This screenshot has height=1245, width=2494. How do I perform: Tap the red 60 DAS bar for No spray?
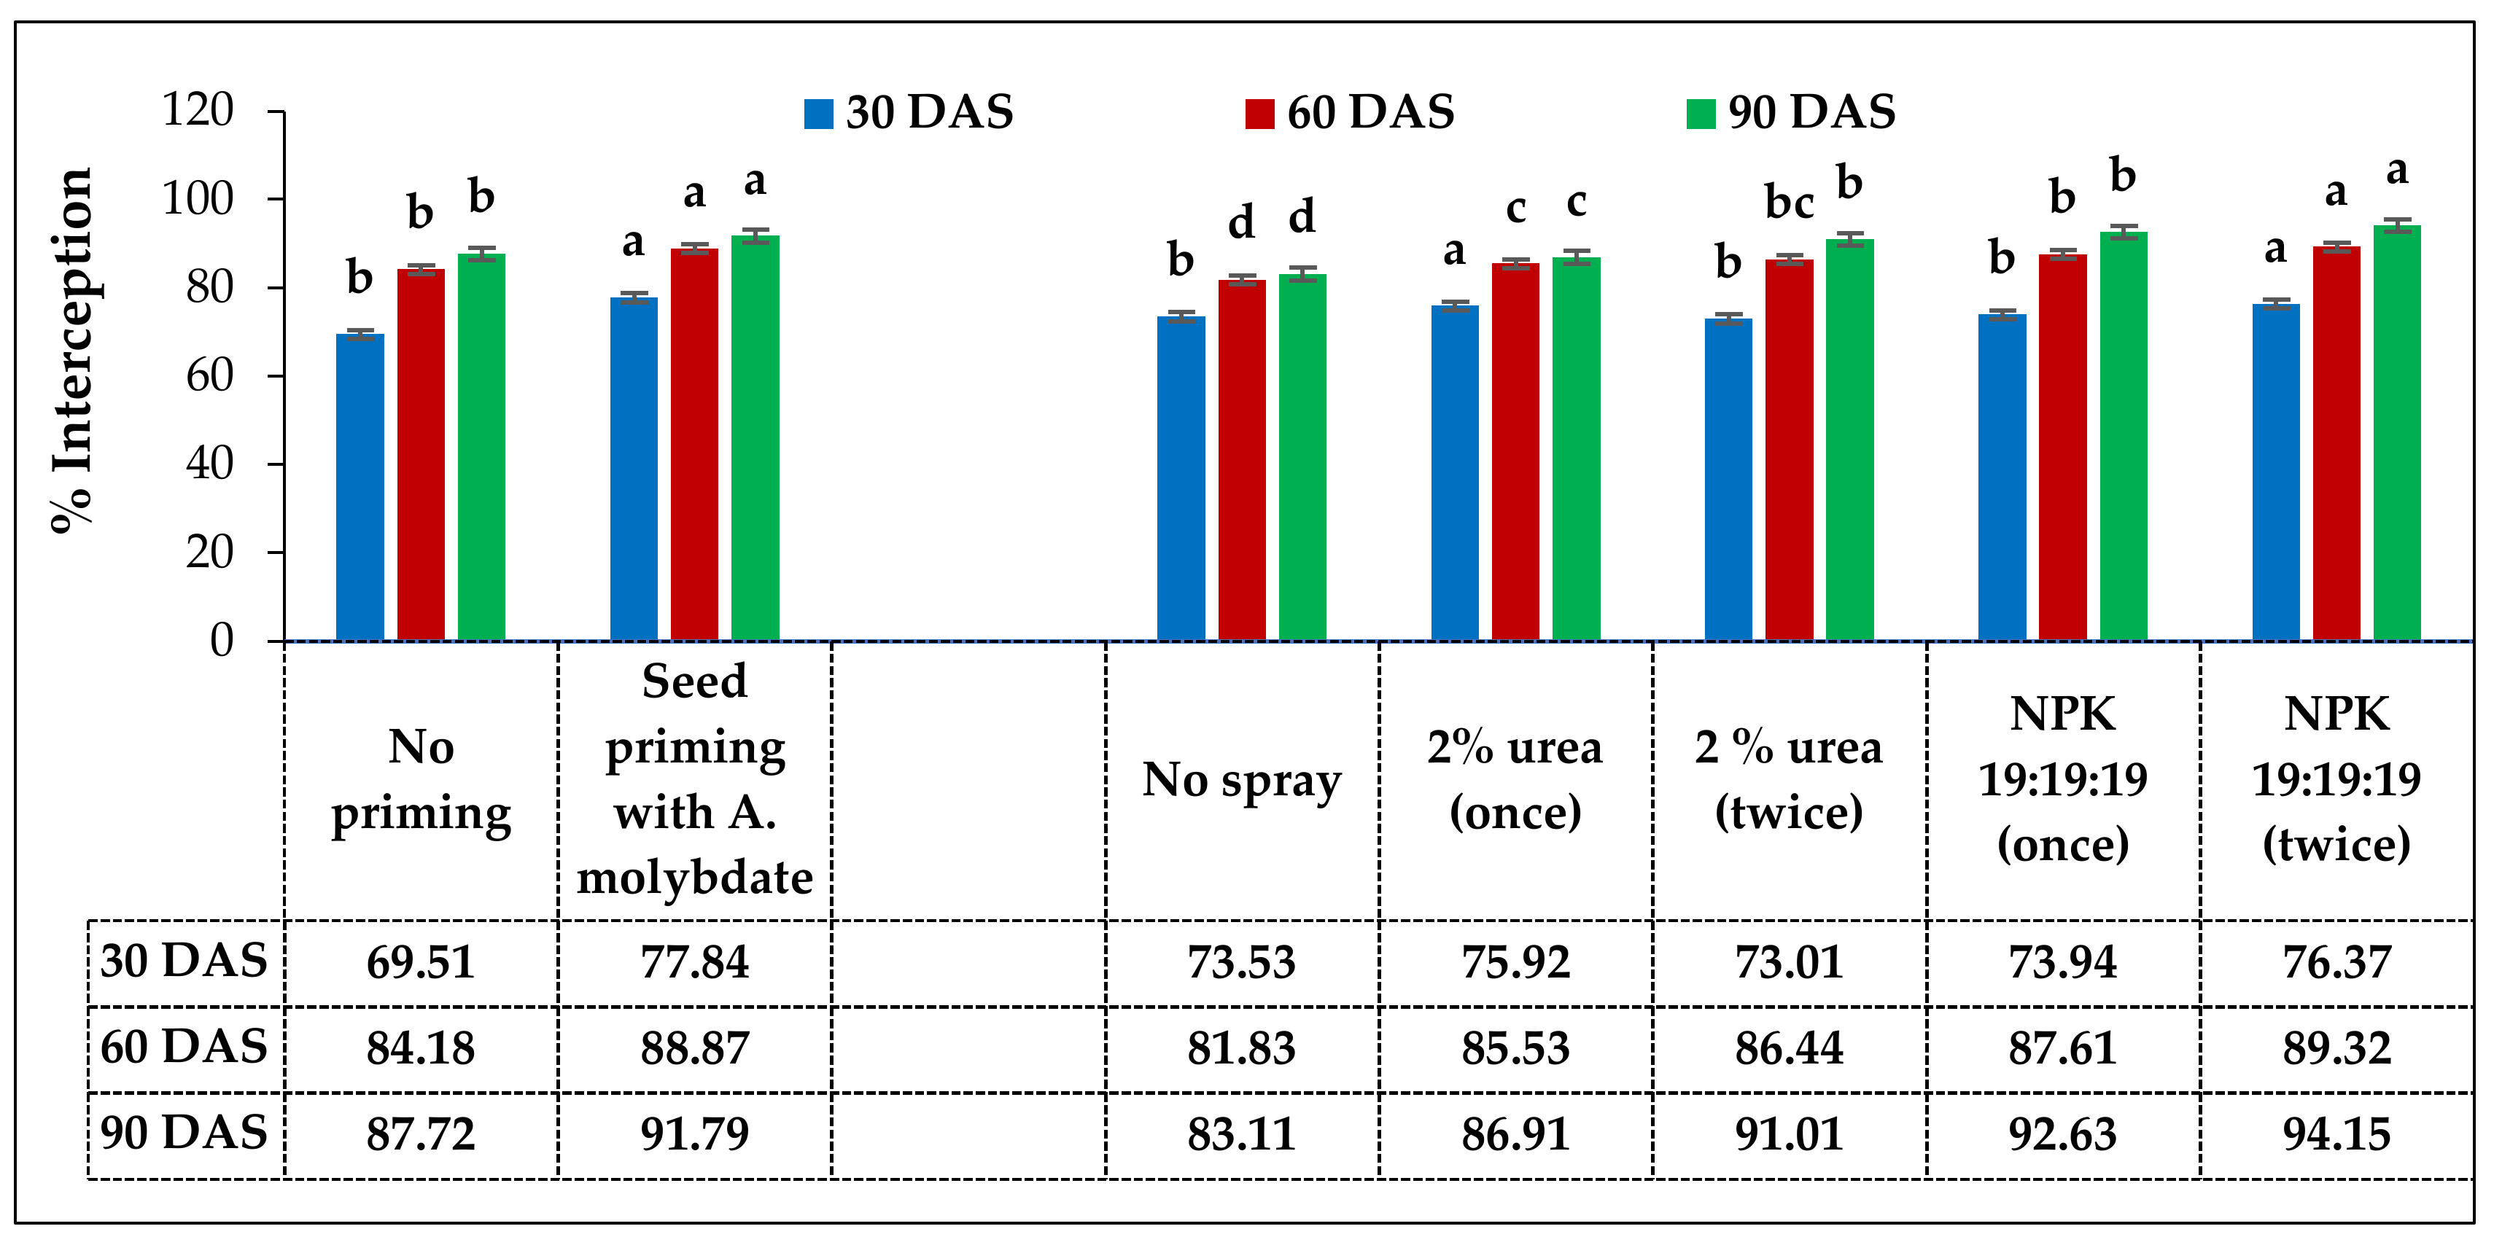1241,460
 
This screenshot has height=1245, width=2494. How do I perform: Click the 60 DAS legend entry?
1351,112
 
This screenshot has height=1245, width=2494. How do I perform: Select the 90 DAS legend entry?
1791,112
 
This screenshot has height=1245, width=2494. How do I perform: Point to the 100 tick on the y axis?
198,200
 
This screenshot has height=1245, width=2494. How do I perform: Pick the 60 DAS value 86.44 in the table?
1788,1048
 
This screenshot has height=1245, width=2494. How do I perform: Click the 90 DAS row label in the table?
184,1133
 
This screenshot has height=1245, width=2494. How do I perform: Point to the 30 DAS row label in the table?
184,961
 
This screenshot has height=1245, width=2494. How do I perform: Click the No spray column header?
1241,780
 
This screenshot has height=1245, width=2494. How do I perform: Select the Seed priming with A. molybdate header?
694,780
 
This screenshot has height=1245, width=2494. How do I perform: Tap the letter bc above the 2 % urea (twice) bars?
1788,203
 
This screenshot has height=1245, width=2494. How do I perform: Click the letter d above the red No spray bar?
1241,222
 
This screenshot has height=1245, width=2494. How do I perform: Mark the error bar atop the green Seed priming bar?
755,236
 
